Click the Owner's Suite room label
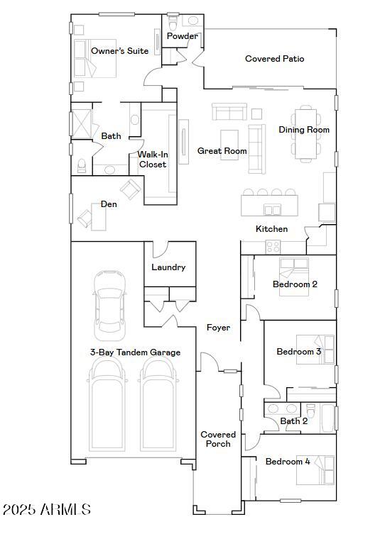click(x=119, y=51)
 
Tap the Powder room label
click(x=182, y=36)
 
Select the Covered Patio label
click(x=274, y=59)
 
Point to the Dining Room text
click(x=304, y=130)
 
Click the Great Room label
click(x=222, y=151)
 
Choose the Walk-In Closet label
click(x=152, y=159)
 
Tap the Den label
click(x=109, y=204)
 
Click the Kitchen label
click(x=271, y=229)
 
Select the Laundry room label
click(x=168, y=267)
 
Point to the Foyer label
click(x=218, y=328)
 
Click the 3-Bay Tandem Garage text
click(x=135, y=352)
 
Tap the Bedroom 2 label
click(x=295, y=284)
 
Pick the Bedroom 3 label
click(x=299, y=352)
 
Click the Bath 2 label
click(x=293, y=421)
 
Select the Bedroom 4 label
click(x=288, y=462)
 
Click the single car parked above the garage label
click(x=110, y=304)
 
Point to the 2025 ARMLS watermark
click(x=47, y=509)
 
